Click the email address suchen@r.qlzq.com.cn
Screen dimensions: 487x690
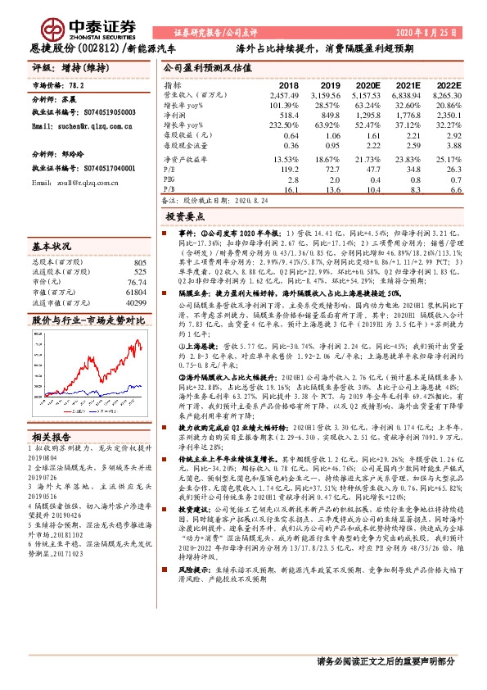pyautogui.click(x=81, y=128)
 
